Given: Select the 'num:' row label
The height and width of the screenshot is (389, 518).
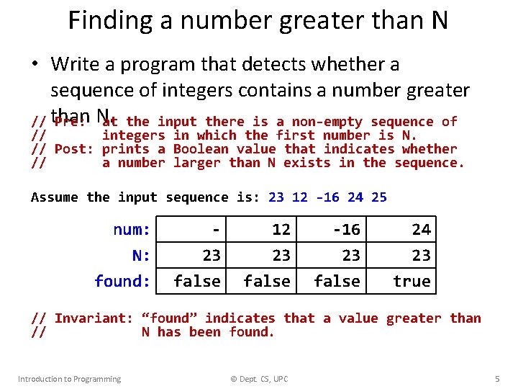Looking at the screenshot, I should coord(132,230).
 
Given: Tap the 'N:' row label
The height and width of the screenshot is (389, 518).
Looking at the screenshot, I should coord(141,255).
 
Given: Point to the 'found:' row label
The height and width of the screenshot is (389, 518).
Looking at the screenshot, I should coord(122,281).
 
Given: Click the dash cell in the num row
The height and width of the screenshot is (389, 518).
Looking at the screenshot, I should coord(215,230).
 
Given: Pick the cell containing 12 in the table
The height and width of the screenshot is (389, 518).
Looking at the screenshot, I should coord(281,230).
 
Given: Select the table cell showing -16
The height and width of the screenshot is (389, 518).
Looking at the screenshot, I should coord(345,230).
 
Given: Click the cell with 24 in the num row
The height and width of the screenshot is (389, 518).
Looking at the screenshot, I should coord(421,230).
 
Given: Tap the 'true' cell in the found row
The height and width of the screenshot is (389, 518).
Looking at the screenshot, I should coord(412,281).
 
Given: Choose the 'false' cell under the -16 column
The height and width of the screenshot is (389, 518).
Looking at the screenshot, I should coord(337,281).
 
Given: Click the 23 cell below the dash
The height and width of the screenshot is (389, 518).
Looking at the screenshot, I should coord(211,255).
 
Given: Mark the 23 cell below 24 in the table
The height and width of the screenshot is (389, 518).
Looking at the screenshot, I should coord(421,255).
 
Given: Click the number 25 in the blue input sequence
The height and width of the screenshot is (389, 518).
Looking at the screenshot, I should coord(378,197).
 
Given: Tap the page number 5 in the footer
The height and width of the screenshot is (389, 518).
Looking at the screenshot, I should coord(496,379).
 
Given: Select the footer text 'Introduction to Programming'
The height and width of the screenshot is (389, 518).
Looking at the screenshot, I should coord(69,379).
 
